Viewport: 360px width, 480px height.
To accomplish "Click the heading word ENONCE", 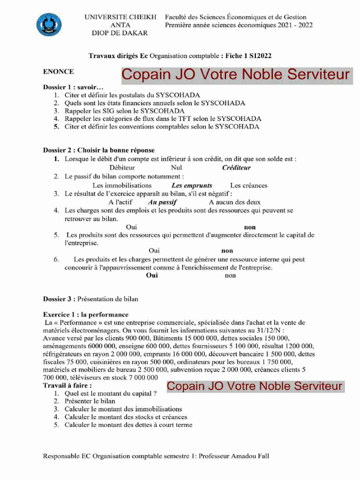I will click(58, 72).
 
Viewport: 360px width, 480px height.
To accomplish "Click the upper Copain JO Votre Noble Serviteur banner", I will click(236, 75).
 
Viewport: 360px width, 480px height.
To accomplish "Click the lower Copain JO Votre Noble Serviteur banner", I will click(255, 387).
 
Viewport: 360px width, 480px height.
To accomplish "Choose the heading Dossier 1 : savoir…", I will click(73, 87).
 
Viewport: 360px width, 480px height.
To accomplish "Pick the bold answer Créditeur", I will click(236, 168).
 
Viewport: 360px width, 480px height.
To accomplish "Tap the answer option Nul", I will click(177, 168).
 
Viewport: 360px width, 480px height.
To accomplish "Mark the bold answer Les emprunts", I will click(192, 186).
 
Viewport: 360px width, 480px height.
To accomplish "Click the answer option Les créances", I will click(248, 186).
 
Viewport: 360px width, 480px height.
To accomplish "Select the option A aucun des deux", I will click(234, 202).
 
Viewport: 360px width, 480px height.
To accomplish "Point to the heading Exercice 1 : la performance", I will click(85, 315).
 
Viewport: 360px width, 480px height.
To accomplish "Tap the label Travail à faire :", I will click(67, 385).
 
